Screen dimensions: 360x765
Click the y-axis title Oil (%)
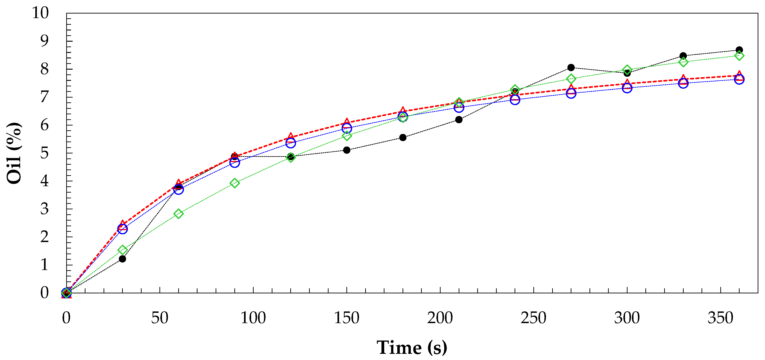[x=14, y=153]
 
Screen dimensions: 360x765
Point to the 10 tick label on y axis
[x=40, y=13]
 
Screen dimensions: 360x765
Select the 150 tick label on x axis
[x=347, y=318]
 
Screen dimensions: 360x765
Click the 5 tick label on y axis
[x=44, y=153]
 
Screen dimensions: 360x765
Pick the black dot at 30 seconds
[x=122, y=259]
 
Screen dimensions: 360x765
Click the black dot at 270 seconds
[x=571, y=67]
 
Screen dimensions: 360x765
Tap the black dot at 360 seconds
[x=739, y=50]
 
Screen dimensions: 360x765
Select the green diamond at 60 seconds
[x=178, y=214]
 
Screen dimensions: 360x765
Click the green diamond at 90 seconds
[x=235, y=183]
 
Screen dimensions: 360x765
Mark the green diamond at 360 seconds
[x=739, y=56]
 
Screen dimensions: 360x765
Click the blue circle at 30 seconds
[x=122, y=229]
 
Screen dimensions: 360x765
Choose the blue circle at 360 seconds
[x=739, y=79]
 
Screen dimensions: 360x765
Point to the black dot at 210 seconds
[x=459, y=120]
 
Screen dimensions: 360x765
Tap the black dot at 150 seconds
[x=347, y=150]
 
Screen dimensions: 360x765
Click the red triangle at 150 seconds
[x=347, y=122]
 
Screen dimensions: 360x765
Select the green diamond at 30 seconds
[x=122, y=250]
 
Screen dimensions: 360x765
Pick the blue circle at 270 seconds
[x=571, y=93]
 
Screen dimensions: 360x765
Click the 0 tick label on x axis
[x=66, y=318]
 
